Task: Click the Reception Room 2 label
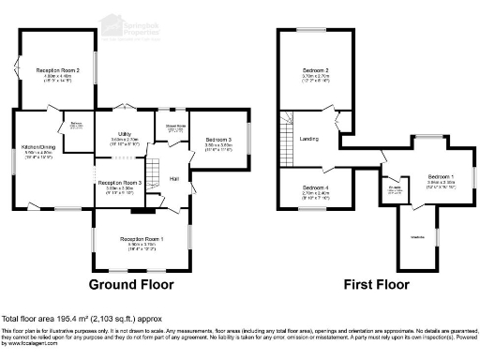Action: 56,70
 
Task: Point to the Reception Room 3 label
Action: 120,183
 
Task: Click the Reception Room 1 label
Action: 142,240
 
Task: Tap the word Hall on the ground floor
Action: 174,178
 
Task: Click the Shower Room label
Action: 176,124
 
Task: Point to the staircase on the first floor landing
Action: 288,127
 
